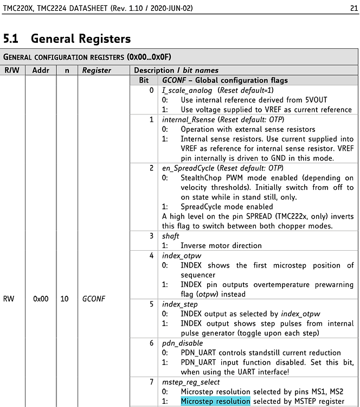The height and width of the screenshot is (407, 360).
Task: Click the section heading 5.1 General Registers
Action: (67, 39)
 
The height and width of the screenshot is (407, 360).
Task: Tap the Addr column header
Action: (41, 70)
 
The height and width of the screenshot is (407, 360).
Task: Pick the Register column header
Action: (97, 70)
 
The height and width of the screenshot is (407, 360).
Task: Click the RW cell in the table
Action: (9, 298)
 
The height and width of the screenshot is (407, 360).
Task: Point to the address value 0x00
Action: (41, 298)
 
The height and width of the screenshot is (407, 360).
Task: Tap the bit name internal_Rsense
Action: (188, 119)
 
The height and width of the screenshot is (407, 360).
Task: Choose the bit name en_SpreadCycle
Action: (188, 168)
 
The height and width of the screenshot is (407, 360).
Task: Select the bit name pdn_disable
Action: (182, 343)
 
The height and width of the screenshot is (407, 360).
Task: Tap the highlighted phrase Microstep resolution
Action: (215, 401)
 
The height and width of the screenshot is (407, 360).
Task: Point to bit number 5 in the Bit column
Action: (152, 304)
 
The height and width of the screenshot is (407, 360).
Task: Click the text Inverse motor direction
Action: (221, 245)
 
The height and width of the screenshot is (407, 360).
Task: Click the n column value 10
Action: (65, 298)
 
